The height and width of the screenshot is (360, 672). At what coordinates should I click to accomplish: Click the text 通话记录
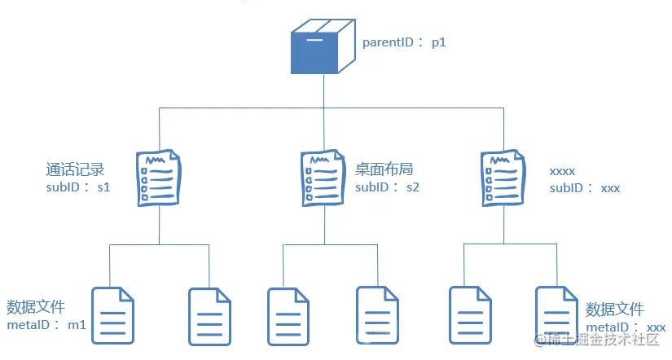pos(76,170)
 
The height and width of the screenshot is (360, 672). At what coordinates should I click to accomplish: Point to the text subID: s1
pos(78,187)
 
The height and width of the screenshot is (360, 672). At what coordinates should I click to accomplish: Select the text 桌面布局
pos(384,170)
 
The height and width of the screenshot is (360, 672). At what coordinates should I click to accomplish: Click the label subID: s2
pos(387,187)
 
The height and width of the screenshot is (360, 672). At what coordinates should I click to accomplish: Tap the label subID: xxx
pos(585,188)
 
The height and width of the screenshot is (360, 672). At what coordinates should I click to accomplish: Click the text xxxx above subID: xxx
pos(563,171)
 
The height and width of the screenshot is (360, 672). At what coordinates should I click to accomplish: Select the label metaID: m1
pos(46,325)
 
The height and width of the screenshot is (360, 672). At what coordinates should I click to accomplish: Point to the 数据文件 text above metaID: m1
pos(35,307)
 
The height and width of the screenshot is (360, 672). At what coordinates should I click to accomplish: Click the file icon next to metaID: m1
pos(112,316)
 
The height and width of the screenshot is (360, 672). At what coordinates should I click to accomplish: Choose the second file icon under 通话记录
pos(209,316)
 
